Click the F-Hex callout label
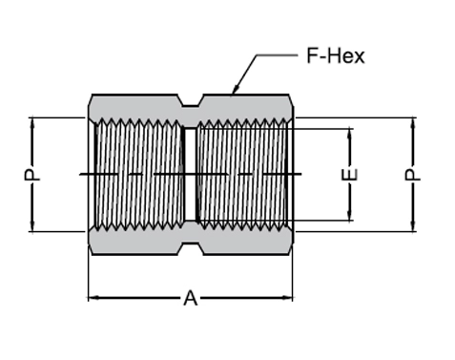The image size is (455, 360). (x=335, y=55)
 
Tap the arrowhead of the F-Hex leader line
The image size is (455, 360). (x=232, y=93)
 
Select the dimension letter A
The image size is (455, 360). (x=190, y=298)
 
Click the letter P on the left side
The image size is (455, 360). (x=32, y=175)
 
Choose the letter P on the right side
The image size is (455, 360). (x=414, y=175)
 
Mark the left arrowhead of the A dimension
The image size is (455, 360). (x=93, y=298)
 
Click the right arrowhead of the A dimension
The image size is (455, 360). (x=290, y=298)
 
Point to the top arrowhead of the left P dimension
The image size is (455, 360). (x=32, y=121)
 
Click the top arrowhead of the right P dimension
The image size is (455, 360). (x=414, y=121)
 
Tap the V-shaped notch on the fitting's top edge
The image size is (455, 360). (x=190, y=101)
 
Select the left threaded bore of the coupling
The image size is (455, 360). (x=138, y=174)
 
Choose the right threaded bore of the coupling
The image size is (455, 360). (x=243, y=174)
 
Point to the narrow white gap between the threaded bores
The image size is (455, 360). (x=190, y=174)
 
